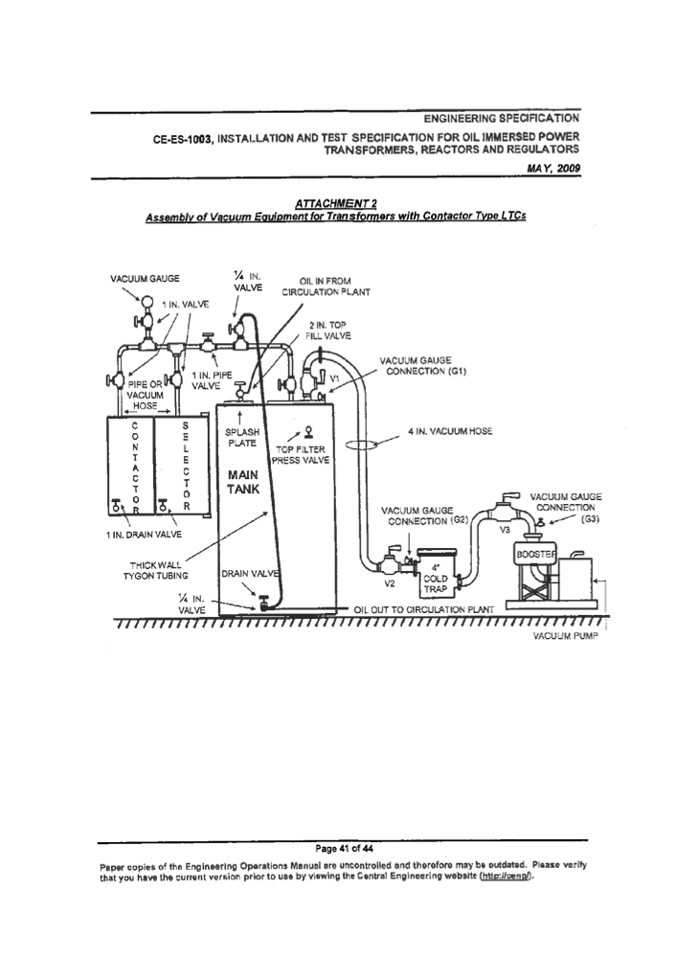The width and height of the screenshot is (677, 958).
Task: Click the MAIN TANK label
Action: click(x=243, y=482)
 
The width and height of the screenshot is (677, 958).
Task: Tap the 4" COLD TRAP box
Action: click(x=436, y=573)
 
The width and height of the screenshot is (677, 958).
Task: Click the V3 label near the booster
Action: click(x=505, y=530)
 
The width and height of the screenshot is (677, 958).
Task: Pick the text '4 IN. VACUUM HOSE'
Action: click(x=450, y=431)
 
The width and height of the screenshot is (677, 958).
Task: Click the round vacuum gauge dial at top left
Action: click(x=147, y=301)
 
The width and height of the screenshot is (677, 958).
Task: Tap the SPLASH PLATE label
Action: click(x=242, y=438)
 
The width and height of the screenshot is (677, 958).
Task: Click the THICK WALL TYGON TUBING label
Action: click(x=155, y=571)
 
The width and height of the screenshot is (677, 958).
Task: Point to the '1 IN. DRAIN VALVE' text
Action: click(x=144, y=535)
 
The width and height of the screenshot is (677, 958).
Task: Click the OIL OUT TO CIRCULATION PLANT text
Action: click(x=423, y=609)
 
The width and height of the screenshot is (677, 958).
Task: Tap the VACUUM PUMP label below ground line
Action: click(x=565, y=637)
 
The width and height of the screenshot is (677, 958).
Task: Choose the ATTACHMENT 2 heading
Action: click(x=335, y=203)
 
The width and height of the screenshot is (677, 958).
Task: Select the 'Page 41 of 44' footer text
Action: click(x=345, y=848)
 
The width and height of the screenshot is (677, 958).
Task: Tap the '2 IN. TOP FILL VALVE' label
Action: click(x=327, y=331)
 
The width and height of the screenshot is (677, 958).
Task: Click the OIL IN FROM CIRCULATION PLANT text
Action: click(x=326, y=286)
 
